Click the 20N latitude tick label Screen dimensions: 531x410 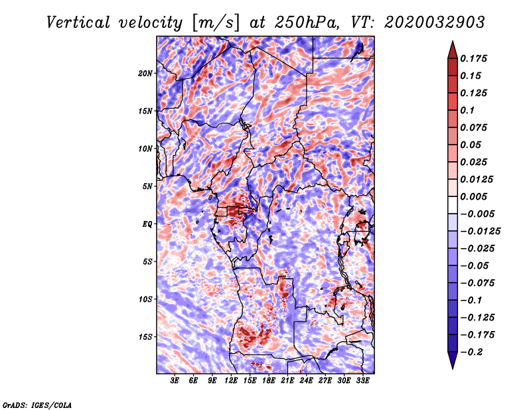coord(145,74)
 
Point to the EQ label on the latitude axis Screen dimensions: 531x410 coord(147,224)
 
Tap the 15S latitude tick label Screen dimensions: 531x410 coord(145,337)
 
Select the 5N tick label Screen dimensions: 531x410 coord(147,186)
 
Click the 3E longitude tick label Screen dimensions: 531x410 coord(175,381)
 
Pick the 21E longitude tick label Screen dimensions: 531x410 coord(287,381)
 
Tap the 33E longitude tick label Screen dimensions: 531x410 coord(362,381)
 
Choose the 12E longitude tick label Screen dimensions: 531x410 coord(231,381)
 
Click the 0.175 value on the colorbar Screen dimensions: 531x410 coord(473,58)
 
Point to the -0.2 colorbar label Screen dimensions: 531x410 coord(471,352)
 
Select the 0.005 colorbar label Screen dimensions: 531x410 coord(473,196)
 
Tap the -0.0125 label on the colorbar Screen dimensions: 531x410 coord(480,232)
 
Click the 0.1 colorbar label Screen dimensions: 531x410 coord(467,110)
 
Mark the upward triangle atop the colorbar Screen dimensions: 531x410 coord(453,50)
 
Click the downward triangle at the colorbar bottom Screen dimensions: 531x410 coord(453,360)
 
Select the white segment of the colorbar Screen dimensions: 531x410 coord(453,205)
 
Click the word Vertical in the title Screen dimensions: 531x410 coord(78,23)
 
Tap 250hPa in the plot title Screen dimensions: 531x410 coord(306,23)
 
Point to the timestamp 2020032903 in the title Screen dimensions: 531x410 coord(435,23)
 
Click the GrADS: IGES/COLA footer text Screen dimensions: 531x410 coord(37,405)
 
